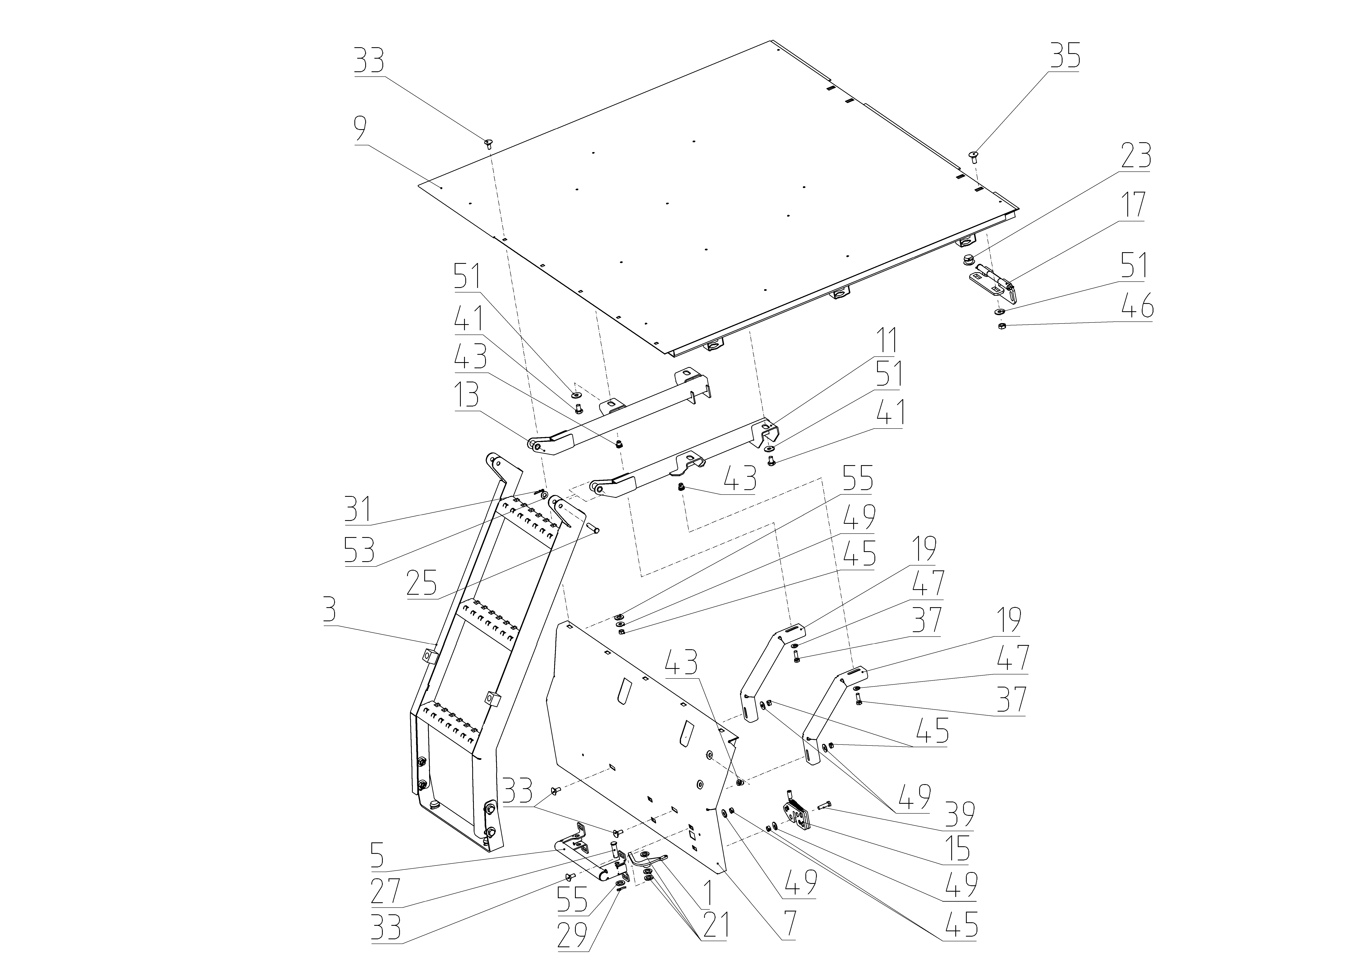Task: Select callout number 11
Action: [886, 341]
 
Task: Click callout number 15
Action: [958, 847]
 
